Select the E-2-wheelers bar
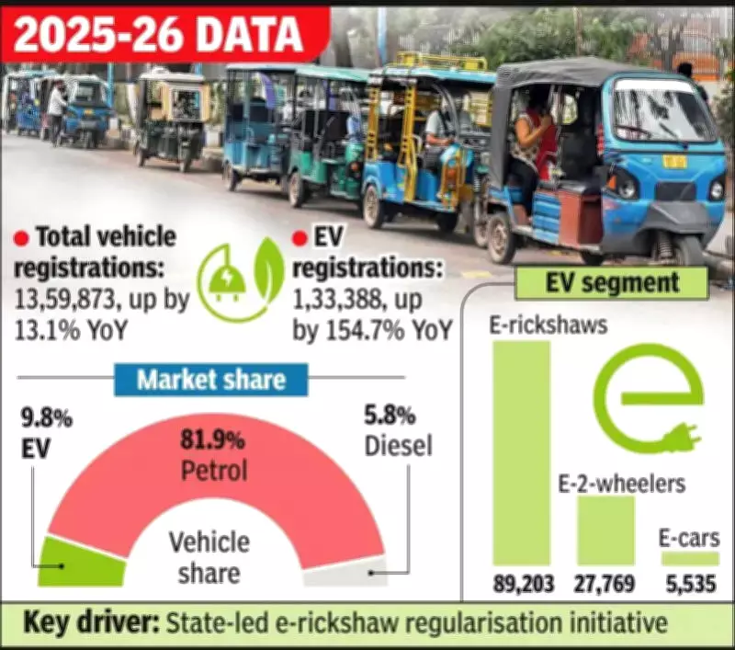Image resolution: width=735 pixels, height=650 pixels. click(605, 530)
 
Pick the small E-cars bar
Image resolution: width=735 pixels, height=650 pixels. click(689, 558)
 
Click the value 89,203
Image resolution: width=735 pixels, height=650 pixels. click(521, 587)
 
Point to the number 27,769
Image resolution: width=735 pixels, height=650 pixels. click(605, 587)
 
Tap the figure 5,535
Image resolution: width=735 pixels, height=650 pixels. click(689, 587)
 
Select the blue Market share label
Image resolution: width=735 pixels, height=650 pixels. click(211, 380)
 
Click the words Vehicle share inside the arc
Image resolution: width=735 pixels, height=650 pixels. click(209, 557)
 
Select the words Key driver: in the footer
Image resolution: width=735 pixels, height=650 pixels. click(89, 622)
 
